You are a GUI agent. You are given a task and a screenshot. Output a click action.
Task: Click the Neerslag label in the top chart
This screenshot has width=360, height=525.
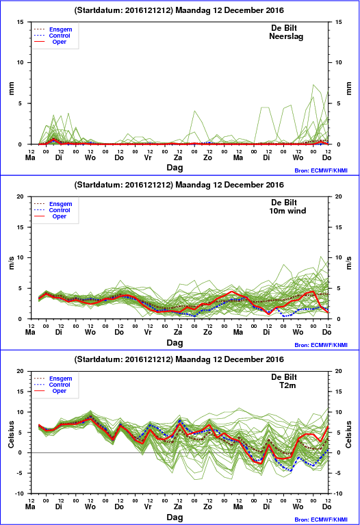click(x=286, y=36)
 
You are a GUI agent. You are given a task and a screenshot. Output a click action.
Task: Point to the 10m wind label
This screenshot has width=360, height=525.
click(x=287, y=211)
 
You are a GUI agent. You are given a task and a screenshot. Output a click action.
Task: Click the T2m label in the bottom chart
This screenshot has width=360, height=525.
click(x=287, y=385)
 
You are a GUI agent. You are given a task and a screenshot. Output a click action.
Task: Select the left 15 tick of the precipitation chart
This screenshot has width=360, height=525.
click(x=21, y=22)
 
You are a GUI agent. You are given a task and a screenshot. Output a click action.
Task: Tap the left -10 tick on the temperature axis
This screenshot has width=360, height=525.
click(x=20, y=494)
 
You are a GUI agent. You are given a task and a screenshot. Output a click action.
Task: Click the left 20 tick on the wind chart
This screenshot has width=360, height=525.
click(x=21, y=196)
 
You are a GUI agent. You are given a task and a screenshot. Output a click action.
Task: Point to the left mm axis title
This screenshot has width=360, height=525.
click(x=12, y=88)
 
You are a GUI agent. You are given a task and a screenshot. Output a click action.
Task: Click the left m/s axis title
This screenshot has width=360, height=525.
click(x=12, y=263)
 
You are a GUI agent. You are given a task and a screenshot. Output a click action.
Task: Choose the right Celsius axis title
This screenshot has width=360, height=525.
click(x=348, y=434)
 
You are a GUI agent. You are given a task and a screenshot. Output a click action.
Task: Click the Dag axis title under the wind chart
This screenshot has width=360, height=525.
click(x=175, y=342)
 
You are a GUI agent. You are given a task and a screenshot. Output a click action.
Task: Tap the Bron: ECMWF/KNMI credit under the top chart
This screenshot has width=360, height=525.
click(x=321, y=170)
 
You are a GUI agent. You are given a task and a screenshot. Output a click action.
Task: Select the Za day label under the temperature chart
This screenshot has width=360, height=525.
click(x=178, y=507)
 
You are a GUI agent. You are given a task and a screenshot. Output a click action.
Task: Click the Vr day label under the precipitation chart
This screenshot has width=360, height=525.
click(x=148, y=157)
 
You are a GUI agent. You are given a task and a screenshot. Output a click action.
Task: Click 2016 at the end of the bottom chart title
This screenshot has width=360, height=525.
click(x=275, y=359)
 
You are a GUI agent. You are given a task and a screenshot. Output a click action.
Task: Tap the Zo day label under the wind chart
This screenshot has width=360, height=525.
click(x=207, y=332)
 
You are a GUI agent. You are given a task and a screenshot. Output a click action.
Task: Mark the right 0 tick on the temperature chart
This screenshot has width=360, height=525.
click(x=339, y=452)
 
